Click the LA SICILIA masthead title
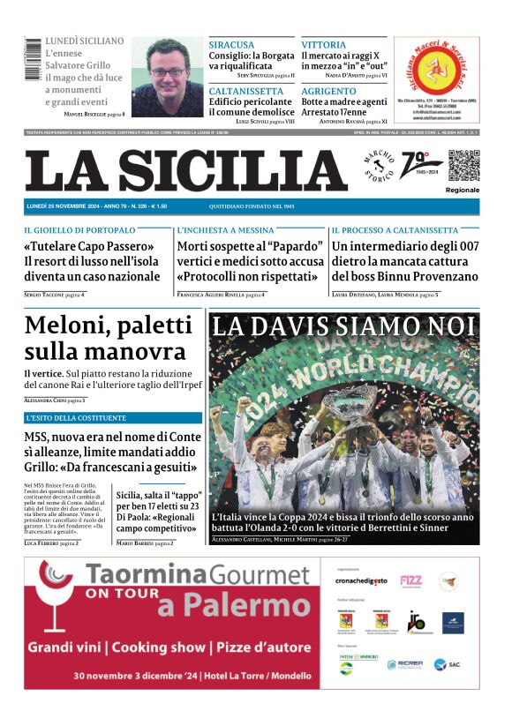coord(185,170)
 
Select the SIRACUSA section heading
coord(231,45)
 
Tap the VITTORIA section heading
coord(323,45)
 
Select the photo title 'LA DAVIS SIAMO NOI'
coord(344,327)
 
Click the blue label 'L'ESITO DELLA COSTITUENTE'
coord(76,417)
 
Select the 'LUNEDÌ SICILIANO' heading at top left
coord(85,41)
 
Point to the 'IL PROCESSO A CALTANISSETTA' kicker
coord(395,230)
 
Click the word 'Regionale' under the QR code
coord(463,190)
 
